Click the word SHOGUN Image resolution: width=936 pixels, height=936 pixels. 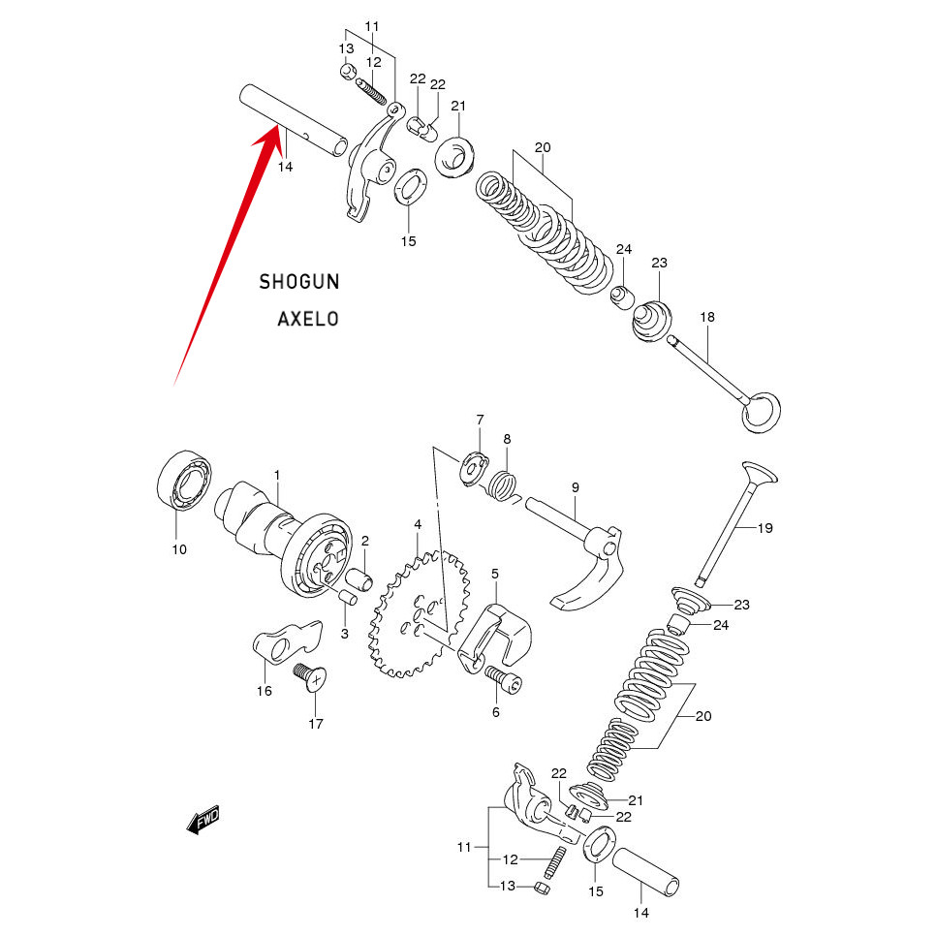tap(298, 282)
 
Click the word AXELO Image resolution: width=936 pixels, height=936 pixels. tap(308, 318)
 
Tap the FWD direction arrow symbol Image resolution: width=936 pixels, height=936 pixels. tap(203, 821)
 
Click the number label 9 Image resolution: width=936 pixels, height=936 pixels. tap(575, 486)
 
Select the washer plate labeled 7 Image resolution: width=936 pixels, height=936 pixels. tap(472, 464)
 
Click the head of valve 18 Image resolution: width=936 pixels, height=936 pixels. tap(760, 412)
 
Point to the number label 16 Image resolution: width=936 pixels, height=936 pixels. tap(264, 691)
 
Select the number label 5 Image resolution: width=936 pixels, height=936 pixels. tap(495, 574)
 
